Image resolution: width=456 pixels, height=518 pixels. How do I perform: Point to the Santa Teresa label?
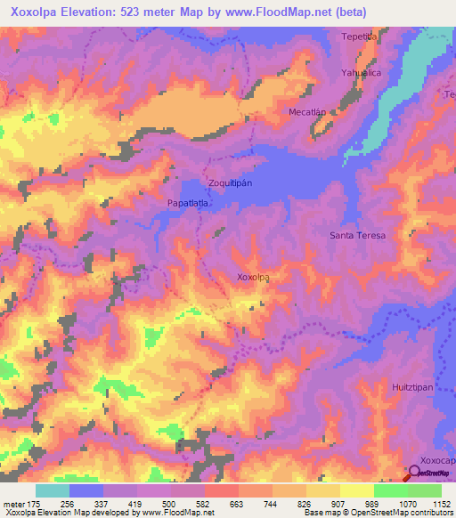[357, 235]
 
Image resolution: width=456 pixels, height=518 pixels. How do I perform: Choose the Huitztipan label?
[411, 389]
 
